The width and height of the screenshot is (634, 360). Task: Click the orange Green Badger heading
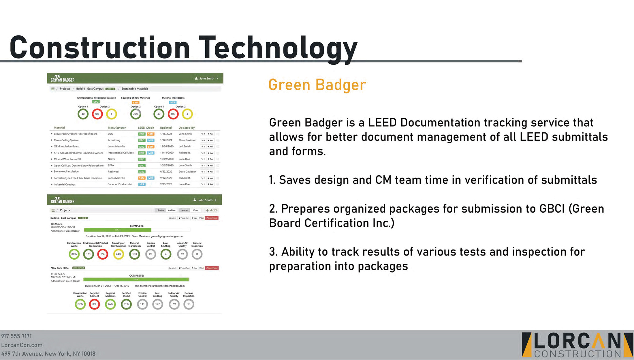317,85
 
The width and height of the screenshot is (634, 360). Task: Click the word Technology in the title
278,48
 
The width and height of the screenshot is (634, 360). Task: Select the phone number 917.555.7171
16,336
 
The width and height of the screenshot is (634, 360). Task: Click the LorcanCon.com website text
22,345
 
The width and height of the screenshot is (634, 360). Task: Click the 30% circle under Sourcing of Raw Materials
136,114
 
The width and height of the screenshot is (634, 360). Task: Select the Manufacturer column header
117,127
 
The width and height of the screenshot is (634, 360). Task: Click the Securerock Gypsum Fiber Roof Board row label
76,134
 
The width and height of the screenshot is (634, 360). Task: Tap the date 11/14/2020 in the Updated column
167,153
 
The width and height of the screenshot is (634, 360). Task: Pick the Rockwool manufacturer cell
113,172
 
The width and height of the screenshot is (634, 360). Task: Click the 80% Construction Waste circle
74,254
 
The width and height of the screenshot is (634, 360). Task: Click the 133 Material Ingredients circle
134,254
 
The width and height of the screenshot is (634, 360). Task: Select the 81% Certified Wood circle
126,304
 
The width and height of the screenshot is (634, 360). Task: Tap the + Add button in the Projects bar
211,210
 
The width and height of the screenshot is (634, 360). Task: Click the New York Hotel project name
60,268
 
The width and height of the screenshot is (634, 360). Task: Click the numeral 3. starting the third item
273,252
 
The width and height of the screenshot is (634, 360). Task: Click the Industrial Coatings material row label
65,185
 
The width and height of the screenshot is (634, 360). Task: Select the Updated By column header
187,127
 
